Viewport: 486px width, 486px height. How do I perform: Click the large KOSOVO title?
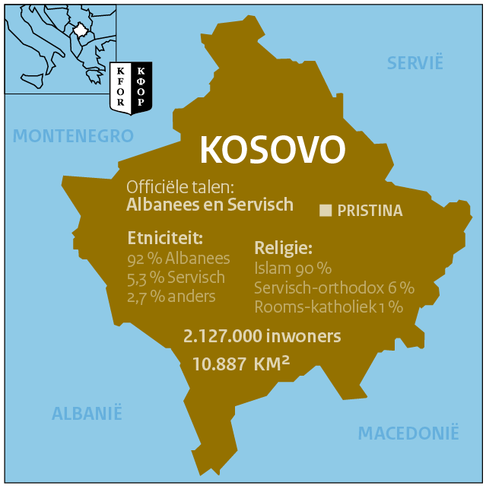[272, 151]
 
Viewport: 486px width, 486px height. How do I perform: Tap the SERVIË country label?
[415, 63]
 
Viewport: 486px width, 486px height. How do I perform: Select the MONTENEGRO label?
[73, 136]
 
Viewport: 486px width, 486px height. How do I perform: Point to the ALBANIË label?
[87, 414]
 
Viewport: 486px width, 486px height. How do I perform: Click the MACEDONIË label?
[408, 434]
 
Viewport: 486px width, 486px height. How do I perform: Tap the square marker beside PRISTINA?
[326, 211]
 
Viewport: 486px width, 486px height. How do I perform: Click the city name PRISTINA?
[370, 211]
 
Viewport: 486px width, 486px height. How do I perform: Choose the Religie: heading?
[284, 248]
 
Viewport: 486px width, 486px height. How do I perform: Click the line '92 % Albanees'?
[179, 258]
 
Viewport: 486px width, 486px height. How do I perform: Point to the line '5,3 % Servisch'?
[176, 277]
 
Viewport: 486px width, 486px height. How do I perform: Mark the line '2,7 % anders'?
[171, 296]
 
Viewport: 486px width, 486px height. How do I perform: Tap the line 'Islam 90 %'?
[293, 268]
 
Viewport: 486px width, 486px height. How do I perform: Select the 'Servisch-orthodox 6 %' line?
[334, 287]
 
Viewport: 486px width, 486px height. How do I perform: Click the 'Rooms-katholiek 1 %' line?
[329, 307]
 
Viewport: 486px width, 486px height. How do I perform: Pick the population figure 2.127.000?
[224, 335]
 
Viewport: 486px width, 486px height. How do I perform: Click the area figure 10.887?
[218, 364]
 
